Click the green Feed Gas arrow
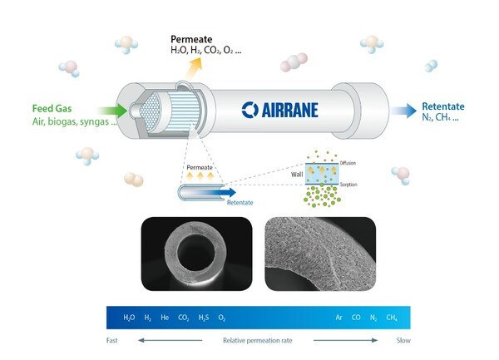(113, 111)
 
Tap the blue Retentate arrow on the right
(403, 111)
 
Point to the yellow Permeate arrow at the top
(194, 68)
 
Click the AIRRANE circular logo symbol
(250, 110)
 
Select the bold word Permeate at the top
(191, 39)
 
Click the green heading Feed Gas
(52, 108)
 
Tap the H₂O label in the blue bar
(129, 318)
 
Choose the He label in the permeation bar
(165, 318)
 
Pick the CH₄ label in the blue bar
(392, 318)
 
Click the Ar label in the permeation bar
(339, 318)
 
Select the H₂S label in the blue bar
(204, 318)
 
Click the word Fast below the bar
(112, 340)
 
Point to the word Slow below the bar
(403, 340)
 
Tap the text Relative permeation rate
(258, 341)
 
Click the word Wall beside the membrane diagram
(297, 175)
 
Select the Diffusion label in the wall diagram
(348, 163)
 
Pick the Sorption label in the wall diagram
(348, 185)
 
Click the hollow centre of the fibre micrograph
(196, 253)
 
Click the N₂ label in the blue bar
(373, 318)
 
